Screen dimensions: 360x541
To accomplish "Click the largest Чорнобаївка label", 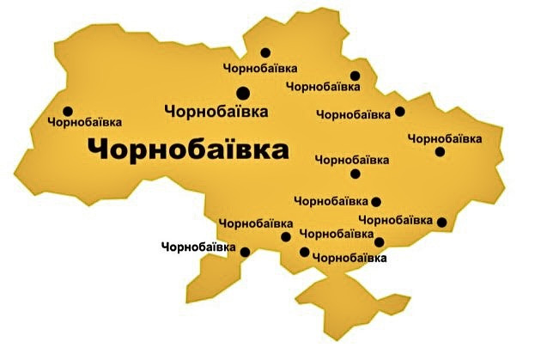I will (187, 149).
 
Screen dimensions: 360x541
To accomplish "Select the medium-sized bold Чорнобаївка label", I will (216, 111).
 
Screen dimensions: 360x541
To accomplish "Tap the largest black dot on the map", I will (242, 92).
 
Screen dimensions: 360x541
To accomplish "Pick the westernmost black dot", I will (68, 110).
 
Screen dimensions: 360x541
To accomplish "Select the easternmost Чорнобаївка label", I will (444, 137).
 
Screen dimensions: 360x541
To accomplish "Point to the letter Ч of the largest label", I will (98, 150).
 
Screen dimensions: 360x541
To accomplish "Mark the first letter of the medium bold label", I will (168, 111).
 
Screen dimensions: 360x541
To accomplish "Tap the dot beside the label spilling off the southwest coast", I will (245, 252).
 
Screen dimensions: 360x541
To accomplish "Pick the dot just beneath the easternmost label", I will (440, 152).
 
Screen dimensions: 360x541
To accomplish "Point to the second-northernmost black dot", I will (355, 75).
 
